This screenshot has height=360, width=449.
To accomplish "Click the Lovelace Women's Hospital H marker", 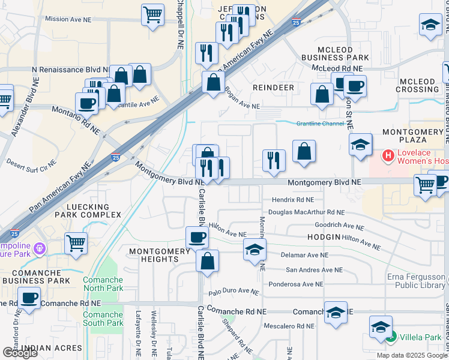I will (388, 156).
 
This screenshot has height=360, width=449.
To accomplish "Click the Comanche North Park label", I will (103, 284).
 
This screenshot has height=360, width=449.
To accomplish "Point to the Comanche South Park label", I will (103, 319).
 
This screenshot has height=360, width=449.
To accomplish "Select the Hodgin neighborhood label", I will (324, 238).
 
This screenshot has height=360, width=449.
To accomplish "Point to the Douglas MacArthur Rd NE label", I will (306, 212).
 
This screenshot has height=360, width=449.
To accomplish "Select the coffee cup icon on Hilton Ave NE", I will (197, 237).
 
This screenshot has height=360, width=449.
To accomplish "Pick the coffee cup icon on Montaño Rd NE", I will (86, 102).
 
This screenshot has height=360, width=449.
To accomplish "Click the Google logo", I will (20, 353).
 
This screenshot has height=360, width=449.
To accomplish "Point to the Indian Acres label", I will (51, 348).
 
